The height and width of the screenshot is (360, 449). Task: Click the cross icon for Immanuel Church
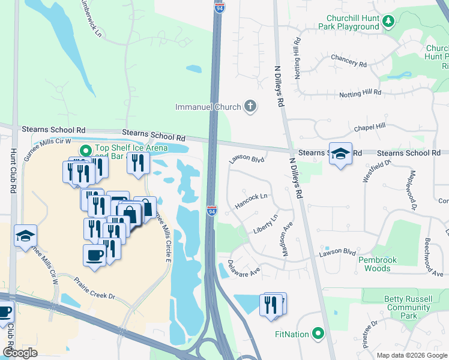tap(250, 107)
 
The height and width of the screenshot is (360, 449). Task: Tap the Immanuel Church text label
tap(208, 107)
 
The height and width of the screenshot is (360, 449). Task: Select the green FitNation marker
tap(318, 333)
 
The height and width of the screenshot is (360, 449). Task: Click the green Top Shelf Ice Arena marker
tap(85, 151)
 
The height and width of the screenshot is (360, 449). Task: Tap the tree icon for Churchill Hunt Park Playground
tap(388, 22)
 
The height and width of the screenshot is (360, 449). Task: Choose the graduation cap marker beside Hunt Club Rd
tap(26, 235)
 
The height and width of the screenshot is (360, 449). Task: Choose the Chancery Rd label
tap(348, 61)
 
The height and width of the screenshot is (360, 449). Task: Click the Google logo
tap(20, 352)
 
